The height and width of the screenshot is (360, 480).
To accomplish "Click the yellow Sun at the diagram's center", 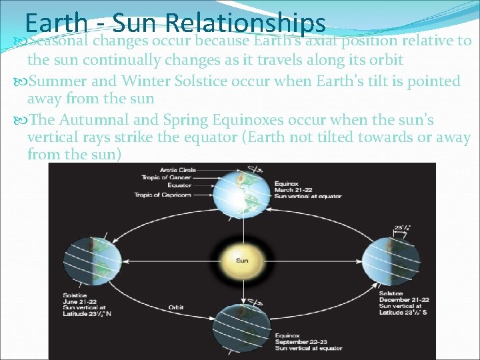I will coord(242,260).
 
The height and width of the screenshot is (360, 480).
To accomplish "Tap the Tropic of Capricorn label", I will coord(163,194).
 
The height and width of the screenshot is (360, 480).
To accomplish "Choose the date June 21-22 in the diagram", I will coord(80,301).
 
